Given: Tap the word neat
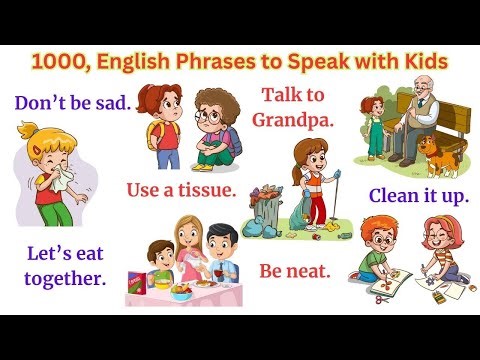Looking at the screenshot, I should pyautogui.click(x=317, y=270).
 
